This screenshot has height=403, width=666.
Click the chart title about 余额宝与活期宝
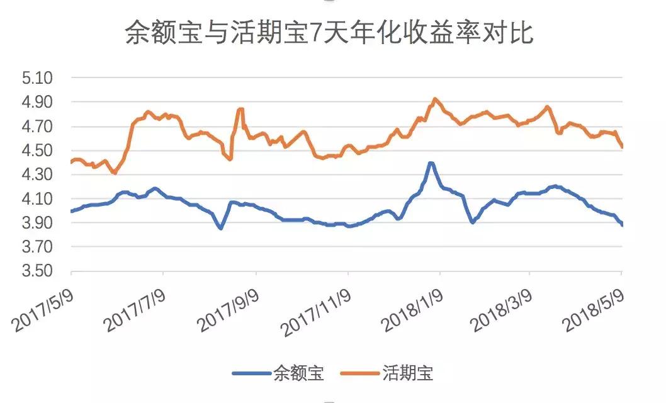[x=329, y=33]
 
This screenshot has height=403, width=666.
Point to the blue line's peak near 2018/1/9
[x=431, y=163]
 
